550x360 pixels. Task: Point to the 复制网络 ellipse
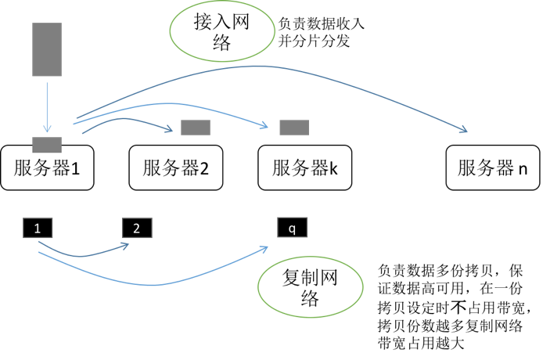coord(311,287)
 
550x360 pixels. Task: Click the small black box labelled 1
coord(38,229)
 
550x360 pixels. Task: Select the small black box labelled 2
coord(137,229)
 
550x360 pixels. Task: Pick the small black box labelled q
coord(293,229)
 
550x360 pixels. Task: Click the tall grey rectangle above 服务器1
coord(47,49)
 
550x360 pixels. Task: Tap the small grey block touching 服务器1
coord(47,144)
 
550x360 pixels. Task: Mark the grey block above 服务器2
coord(196,128)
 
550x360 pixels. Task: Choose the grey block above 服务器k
coord(294,128)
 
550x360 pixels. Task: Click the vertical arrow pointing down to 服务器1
coord(47,106)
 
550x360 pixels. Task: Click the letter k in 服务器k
coord(333,167)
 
